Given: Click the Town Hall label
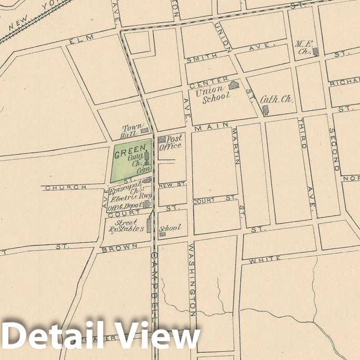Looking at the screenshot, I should point(132,131).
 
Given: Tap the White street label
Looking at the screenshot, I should point(264,260).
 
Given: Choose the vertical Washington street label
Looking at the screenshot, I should point(192,279).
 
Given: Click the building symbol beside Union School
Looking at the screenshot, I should point(234,85).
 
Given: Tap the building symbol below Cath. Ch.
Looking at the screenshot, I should point(265,109).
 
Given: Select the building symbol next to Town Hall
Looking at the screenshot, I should point(145,131).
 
